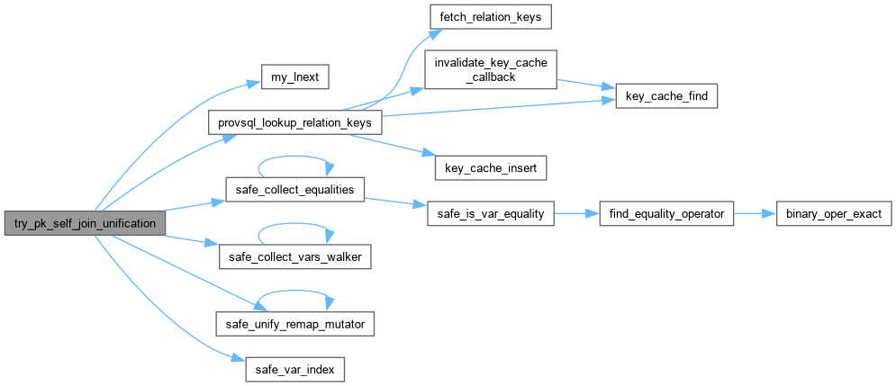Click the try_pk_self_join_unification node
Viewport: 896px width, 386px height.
(x=85, y=223)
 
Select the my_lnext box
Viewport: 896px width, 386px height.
(x=294, y=76)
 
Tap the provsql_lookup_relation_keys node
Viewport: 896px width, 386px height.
(x=294, y=122)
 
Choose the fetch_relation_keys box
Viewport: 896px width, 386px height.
(x=491, y=18)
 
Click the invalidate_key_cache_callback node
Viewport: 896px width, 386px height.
(x=490, y=69)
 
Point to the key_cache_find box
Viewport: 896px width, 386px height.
(x=666, y=96)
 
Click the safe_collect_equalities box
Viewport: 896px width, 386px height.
(x=294, y=190)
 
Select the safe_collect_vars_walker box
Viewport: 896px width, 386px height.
(x=294, y=258)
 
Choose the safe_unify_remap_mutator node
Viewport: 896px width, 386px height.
(x=294, y=324)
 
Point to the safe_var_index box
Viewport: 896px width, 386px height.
(x=294, y=371)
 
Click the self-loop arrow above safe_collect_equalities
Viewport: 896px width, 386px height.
(x=294, y=156)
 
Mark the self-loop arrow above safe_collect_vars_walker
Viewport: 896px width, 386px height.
(x=294, y=224)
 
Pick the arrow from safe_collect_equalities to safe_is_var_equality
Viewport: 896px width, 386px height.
(x=396, y=202)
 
